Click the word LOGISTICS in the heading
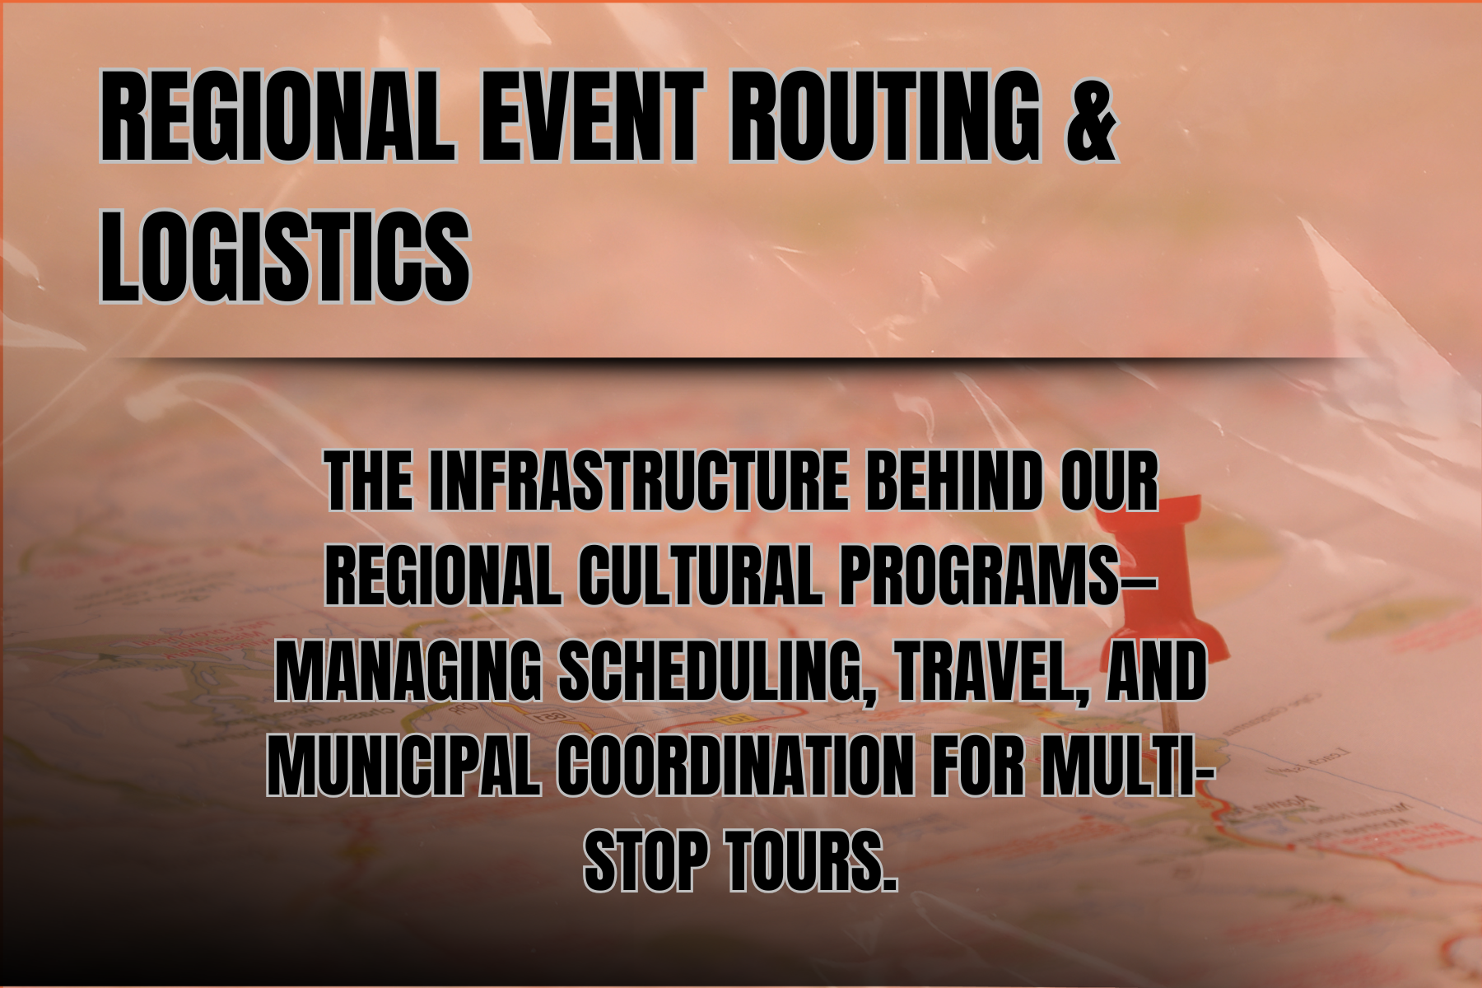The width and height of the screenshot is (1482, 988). [284, 254]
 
